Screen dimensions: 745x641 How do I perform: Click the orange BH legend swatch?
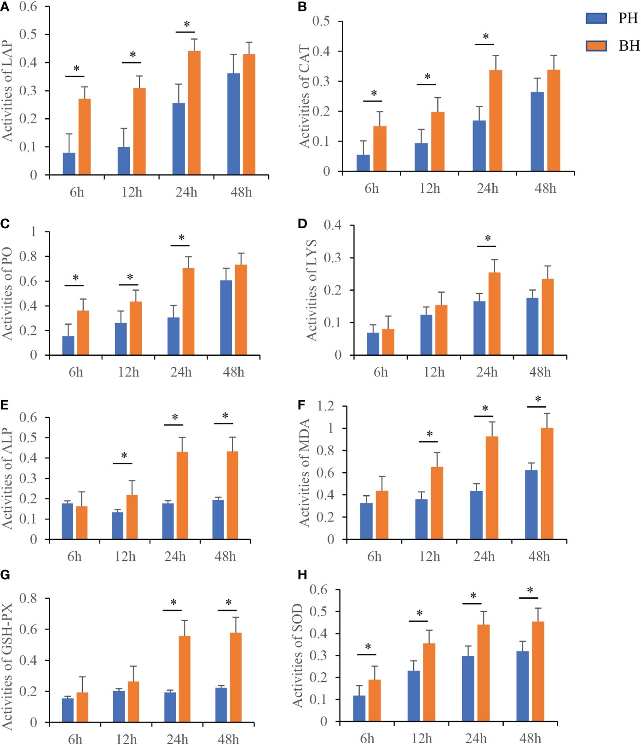(596, 46)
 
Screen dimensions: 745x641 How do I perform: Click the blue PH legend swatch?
(596, 18)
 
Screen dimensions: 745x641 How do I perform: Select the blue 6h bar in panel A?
(69, 164)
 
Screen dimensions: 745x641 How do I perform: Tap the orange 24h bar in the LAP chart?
(194, 113)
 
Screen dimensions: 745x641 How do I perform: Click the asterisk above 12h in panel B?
(427, 77)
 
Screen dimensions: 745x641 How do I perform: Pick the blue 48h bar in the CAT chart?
(537, 132)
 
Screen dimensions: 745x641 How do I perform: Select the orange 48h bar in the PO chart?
(241, 310)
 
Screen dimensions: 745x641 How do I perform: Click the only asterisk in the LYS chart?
(488, 239)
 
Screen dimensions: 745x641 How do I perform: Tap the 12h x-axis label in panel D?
(434, 372)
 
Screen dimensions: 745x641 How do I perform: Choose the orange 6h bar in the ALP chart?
(82, 523)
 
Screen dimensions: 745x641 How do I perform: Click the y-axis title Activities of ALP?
(7, 479)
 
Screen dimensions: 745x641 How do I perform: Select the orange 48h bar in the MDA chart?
(547, 483)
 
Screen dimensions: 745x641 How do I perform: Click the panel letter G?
(5, 575)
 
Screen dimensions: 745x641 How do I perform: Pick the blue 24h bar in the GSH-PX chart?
(170, 707)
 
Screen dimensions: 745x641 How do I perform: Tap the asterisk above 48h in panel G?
(229, 603)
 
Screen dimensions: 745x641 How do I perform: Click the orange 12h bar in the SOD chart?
(429, 682)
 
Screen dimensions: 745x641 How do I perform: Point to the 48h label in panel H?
(530, 738)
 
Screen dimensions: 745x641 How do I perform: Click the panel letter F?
(302, 405)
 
